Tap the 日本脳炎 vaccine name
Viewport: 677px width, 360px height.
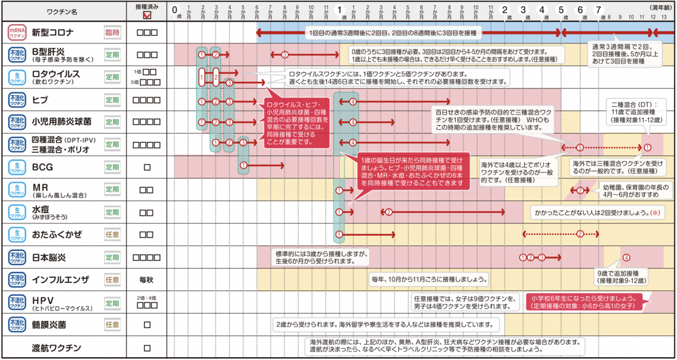click(49, 257)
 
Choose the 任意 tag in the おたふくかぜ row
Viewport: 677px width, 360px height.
click(113, 234)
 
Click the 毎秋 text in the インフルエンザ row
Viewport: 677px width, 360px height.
click(147, 279)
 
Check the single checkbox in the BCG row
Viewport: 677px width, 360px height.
click(147, 166)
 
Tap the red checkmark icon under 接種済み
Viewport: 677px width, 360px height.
click(147, 16)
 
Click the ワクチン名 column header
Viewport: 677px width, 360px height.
click(61, 11)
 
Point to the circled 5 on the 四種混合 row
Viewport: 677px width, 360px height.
click(579, 147)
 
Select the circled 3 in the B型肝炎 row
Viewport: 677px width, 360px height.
click(284, 55)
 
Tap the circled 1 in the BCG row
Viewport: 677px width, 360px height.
click(243, 166)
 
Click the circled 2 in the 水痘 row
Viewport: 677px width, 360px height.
click(388, 212)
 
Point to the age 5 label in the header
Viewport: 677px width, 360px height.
click(561, 10)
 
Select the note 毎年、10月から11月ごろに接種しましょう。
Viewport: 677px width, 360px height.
click(429, 279)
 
